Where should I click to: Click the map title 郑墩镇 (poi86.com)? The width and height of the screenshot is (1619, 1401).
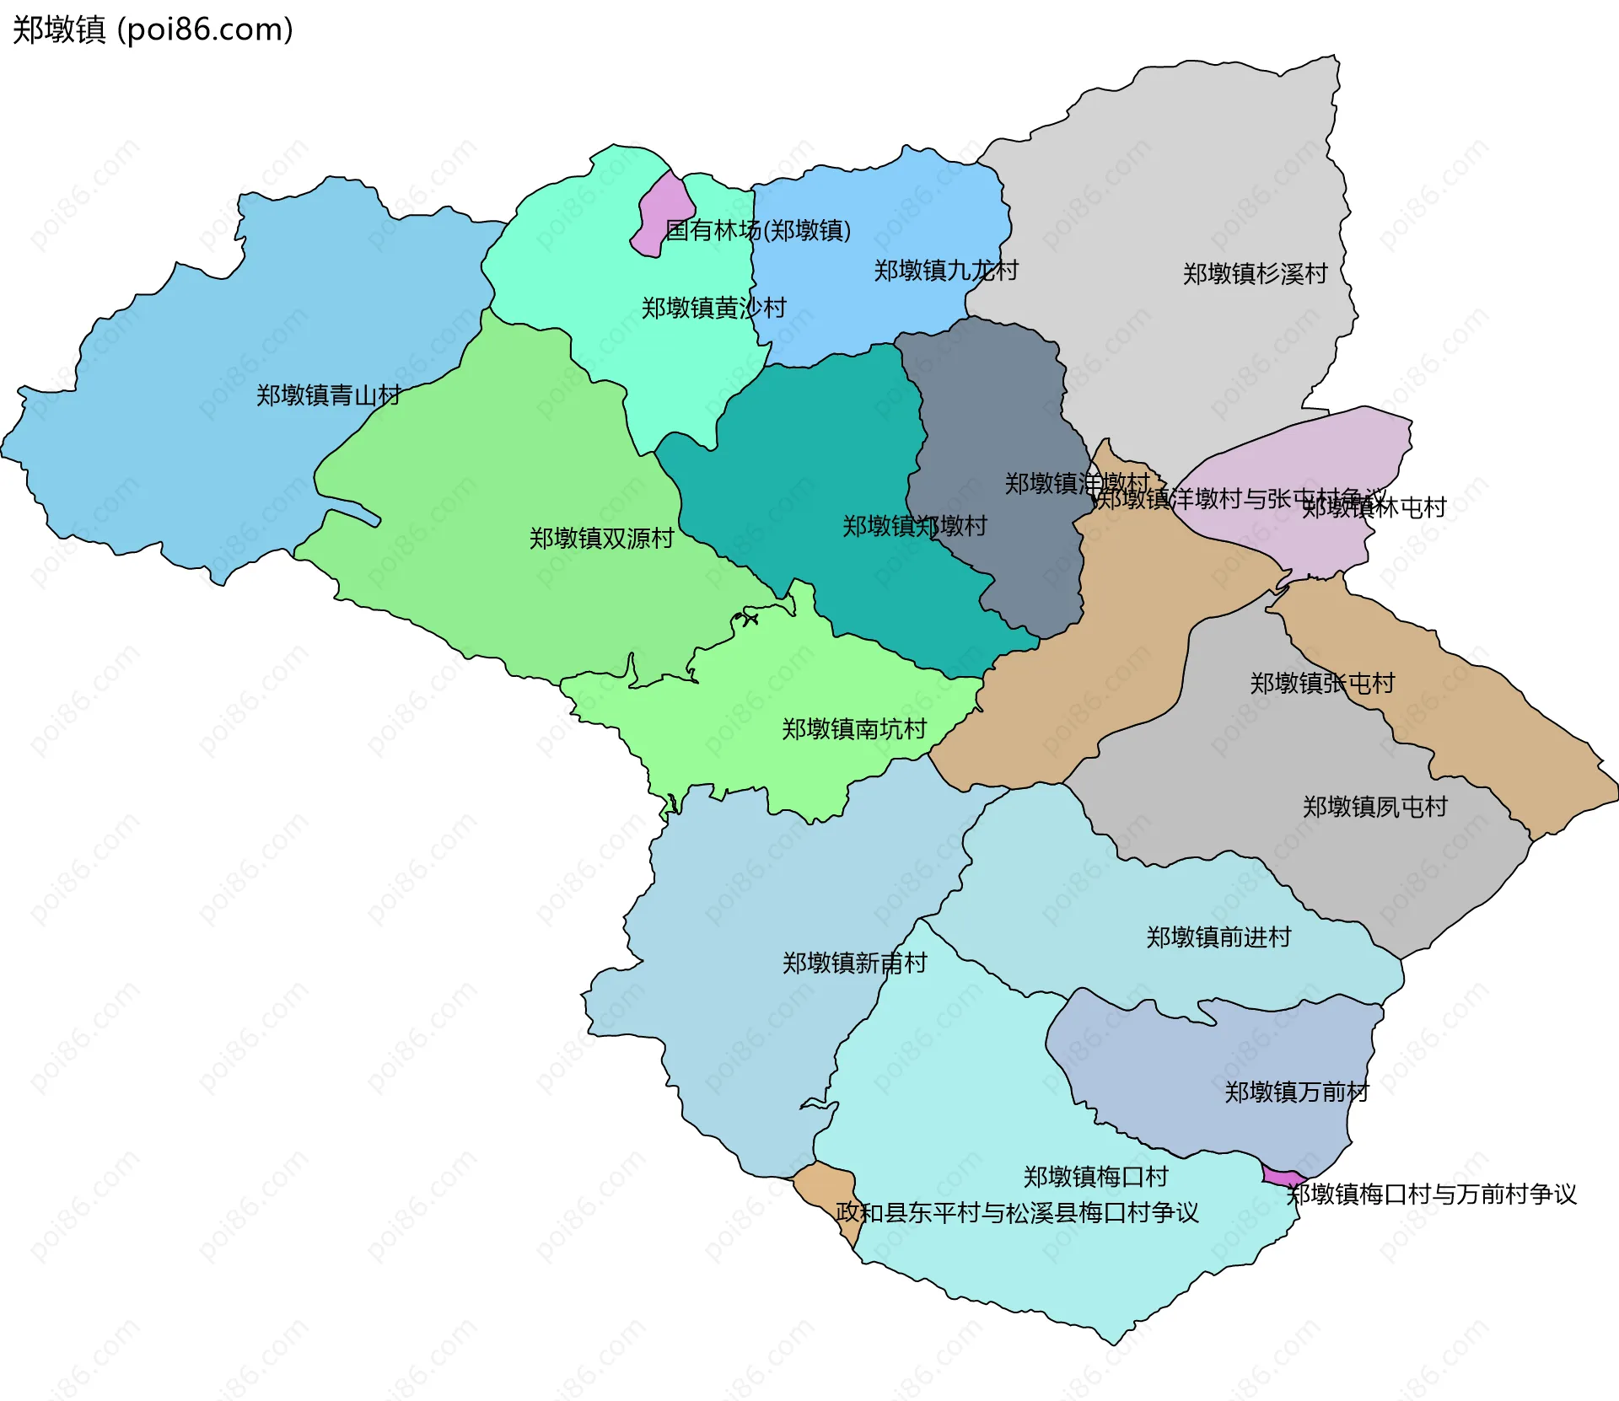pos(153,30)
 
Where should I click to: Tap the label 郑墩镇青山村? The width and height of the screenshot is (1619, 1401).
pos(329,395)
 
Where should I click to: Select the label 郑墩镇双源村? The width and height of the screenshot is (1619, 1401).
pos(601,539)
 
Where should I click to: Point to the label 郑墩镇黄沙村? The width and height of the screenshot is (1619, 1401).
pos(713,308)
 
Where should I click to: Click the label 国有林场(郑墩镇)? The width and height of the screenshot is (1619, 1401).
pos(757,230)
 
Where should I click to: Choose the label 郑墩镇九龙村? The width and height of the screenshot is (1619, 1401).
pos(945,271)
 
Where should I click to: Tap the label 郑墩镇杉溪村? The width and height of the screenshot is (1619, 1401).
pos(1255,274)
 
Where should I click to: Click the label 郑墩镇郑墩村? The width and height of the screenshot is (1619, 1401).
pos(915,526)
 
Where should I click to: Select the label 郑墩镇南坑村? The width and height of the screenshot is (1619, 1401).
pos(854,729)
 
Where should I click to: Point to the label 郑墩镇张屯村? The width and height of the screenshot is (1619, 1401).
pos(1322,683)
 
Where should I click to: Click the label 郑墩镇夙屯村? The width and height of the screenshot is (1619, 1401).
pos(1374,807)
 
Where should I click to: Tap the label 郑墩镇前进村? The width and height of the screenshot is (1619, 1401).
pos(1218,937)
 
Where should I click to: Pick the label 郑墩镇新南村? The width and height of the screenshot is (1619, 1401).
pos(854,963)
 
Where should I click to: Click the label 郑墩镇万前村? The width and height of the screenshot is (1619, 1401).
pos(1296,1092)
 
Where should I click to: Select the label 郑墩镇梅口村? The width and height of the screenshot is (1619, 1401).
pos(1095,1177)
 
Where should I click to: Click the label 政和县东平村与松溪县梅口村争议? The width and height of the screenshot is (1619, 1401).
pos(1017,1213)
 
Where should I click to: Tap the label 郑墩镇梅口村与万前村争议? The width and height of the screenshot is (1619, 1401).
pos(1431,1194)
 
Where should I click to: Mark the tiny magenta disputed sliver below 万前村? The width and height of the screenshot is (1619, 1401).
pos(1282,1176)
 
